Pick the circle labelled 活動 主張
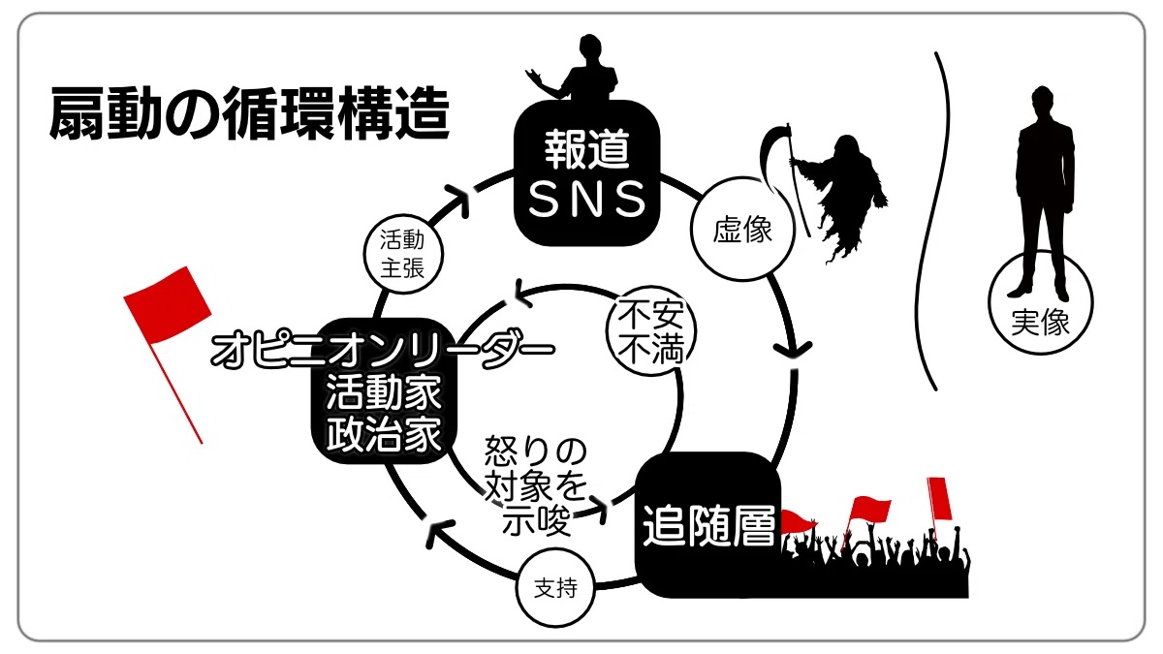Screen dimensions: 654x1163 pyautogui.click(x=401, y=254)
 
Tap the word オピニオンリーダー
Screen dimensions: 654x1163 pyautogui.click(x=383, y=350)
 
